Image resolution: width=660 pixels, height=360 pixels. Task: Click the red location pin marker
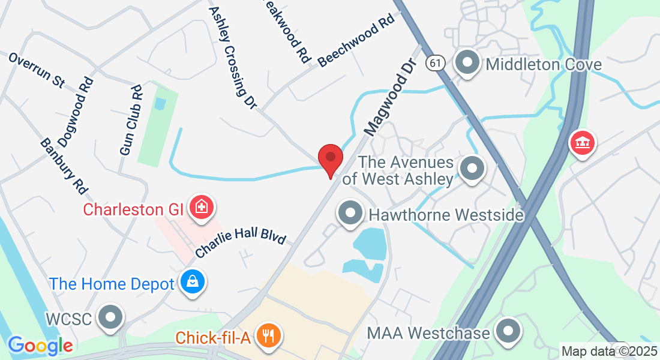pos(330,159)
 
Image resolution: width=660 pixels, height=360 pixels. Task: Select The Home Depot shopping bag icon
pos(193,283)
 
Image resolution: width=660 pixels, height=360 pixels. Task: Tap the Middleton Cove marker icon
pos(467,63)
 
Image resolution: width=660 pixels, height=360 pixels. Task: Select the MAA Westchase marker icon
pos(508,331)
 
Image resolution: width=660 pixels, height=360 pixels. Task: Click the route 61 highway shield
pos(436,62)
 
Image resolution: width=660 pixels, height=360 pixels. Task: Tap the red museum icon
pos(582,143)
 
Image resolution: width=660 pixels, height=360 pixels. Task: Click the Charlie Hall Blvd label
pos(241,242)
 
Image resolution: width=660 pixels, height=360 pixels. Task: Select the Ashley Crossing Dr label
pos(233,58)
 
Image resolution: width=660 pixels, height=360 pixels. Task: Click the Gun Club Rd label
pos(131,120)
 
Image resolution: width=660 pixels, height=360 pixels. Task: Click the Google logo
pos(40,346)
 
